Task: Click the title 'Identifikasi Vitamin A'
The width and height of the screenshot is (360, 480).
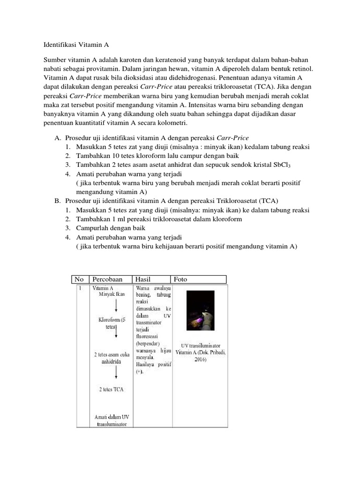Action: [76, 45]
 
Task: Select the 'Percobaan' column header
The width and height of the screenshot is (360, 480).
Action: [107, 279]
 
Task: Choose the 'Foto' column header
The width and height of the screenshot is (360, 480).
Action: [180, 279]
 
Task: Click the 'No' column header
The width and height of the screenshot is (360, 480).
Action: [79, 279]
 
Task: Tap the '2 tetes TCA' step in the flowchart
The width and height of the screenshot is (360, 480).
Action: [112, 390]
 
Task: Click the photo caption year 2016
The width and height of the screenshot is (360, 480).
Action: [201, 360]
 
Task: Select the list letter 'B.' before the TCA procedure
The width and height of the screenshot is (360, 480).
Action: [58, 201]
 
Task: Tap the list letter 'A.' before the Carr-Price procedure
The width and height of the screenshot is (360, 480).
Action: [58, 138]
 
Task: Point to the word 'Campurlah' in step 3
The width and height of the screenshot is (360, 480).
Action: [92, 228]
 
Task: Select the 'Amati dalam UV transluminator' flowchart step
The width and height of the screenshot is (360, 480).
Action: [112, 420]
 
